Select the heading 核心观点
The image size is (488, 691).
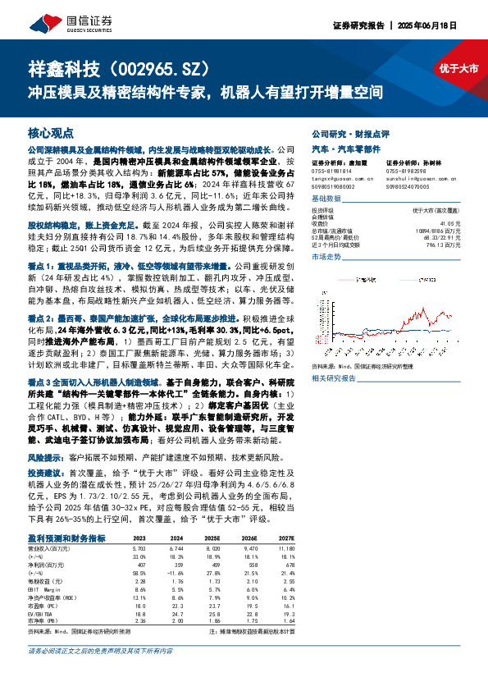(50, 132)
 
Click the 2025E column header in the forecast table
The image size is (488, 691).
(212, 538)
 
